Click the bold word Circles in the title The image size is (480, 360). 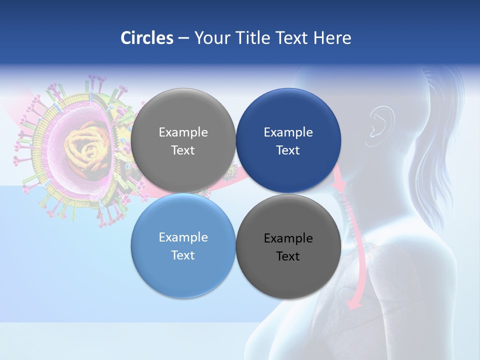click(x=146, y=38)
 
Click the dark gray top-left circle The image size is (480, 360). click(x=183, y=140)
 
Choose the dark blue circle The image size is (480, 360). click(x=288, y=140)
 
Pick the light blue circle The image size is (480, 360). click(x=183, y=245)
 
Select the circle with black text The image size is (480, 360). click(x=288, y=246)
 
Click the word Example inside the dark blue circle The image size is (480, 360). click(x=288, y=132)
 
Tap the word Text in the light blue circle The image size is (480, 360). click(x=183, y=255)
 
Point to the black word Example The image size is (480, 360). click(x=288, y=238)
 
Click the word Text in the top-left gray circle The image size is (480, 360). click(x=183, y=150)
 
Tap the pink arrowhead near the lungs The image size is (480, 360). click(x=354, y=303)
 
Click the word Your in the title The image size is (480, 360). click(x=211, y=38)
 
